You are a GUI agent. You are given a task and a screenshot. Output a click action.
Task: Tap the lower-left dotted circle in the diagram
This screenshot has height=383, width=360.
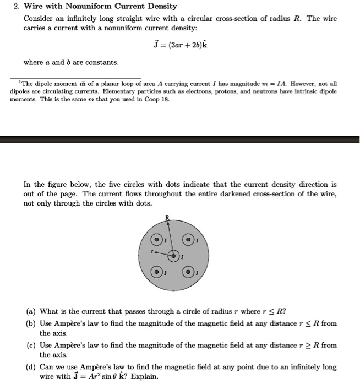coord(158,272)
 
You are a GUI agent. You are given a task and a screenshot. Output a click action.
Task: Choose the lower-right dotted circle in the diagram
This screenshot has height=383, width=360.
coord(189,272)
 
